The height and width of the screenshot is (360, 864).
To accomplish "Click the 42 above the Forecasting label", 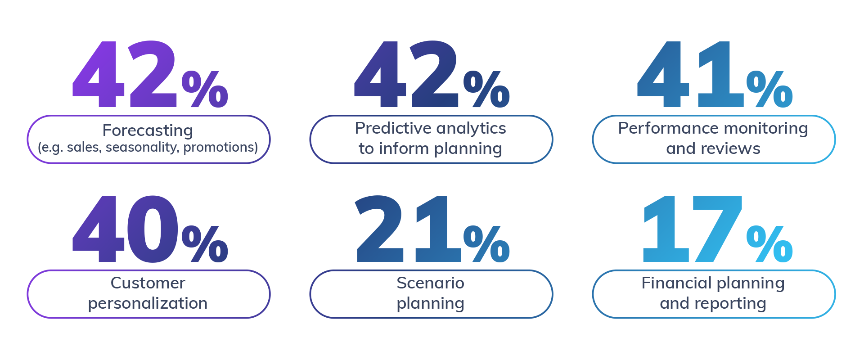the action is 125,74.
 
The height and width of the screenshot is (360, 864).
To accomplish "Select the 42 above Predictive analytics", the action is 406,74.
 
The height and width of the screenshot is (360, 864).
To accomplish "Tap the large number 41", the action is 690,74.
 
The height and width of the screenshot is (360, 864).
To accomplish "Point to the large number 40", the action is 126,229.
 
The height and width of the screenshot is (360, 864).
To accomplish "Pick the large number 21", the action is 409,229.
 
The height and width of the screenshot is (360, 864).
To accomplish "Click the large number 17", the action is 693,229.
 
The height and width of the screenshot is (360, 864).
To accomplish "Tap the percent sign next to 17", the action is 769,244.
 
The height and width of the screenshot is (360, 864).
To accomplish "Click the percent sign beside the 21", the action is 487,244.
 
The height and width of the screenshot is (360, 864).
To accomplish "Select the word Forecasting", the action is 148,130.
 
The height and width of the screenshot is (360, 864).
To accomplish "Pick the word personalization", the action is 148,304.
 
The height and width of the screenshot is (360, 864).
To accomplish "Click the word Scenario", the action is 431,283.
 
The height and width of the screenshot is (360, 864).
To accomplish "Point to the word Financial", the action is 676,283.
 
